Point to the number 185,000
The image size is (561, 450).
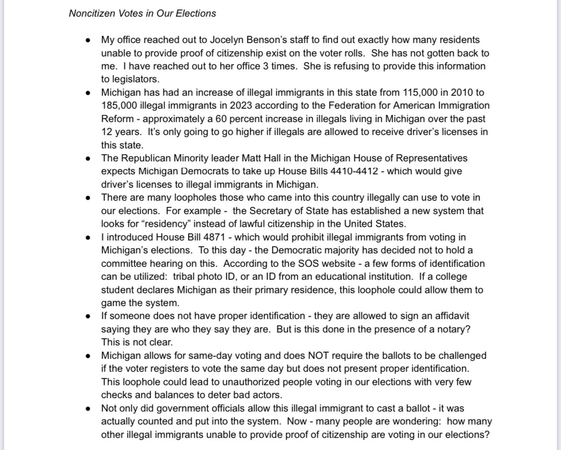pyautogui.click(x=120, y=105)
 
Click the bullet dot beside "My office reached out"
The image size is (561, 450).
pyautogui.click(x=88, y=40)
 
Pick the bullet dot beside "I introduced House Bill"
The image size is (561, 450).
pyautogui.click(x=88, y=237)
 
